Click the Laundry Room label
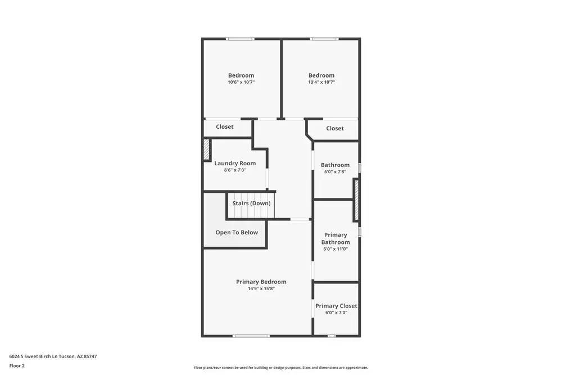tap(235, 164)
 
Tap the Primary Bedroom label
tap(261, 282)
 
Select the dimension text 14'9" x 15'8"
tap(261, 288)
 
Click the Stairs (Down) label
tap(251, 203)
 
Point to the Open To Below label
tap(237, 232)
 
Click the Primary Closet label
tap(336, 306)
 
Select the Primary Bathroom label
tap(336, 238)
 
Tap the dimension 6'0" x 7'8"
tap(335, 172)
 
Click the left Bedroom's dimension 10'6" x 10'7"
tap(241, 82)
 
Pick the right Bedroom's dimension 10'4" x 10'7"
tap(321, 82)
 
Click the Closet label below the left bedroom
tap(225, 126)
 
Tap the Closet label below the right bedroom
tap(335, 128)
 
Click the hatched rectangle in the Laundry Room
tap(206, 150)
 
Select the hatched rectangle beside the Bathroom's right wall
tap(356, 200)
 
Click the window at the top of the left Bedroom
tap(240, 39)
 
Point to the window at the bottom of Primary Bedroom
tap(251, 336)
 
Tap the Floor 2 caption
tap(17, 365)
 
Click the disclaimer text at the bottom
tap(281, 368)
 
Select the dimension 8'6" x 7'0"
tap(235, 170)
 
